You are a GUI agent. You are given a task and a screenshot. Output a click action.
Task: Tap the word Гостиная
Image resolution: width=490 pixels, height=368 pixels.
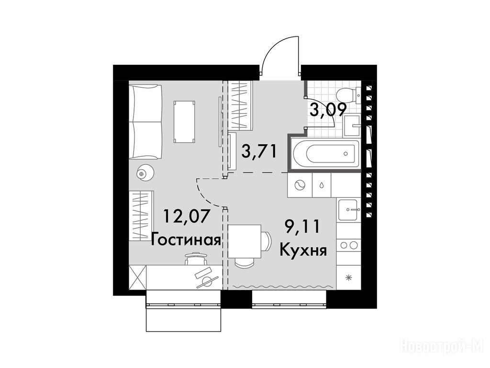pos(186,241)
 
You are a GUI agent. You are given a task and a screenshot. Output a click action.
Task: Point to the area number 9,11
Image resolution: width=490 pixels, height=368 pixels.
pos(302,227)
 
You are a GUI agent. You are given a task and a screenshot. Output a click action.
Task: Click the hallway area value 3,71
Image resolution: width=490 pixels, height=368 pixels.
pos(259,151)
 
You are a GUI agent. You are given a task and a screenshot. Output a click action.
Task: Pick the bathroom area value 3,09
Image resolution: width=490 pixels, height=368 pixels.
pos(328,110)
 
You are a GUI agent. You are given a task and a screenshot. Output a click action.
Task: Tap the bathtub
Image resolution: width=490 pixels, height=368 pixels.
pos(325,153)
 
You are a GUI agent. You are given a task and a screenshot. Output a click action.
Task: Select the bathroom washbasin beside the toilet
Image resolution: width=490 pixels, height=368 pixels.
pos(352,126)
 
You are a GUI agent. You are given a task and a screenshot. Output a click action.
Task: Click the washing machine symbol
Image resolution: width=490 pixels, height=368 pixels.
pos(300,184)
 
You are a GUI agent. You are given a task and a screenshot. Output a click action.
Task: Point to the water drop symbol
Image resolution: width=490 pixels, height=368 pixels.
pos(322,184)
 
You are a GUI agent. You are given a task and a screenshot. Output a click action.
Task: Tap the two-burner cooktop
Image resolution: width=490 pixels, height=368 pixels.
pos(349,245)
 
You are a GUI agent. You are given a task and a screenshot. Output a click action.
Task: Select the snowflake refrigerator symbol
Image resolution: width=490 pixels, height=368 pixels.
pos(348,277)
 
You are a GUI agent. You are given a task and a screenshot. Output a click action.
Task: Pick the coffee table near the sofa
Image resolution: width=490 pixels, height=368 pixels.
pos(184,121)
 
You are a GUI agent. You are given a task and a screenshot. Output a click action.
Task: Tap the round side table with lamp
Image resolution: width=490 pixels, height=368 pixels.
pos(145,172)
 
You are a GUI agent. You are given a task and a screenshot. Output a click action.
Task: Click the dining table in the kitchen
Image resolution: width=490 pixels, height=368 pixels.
pos(245,241)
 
